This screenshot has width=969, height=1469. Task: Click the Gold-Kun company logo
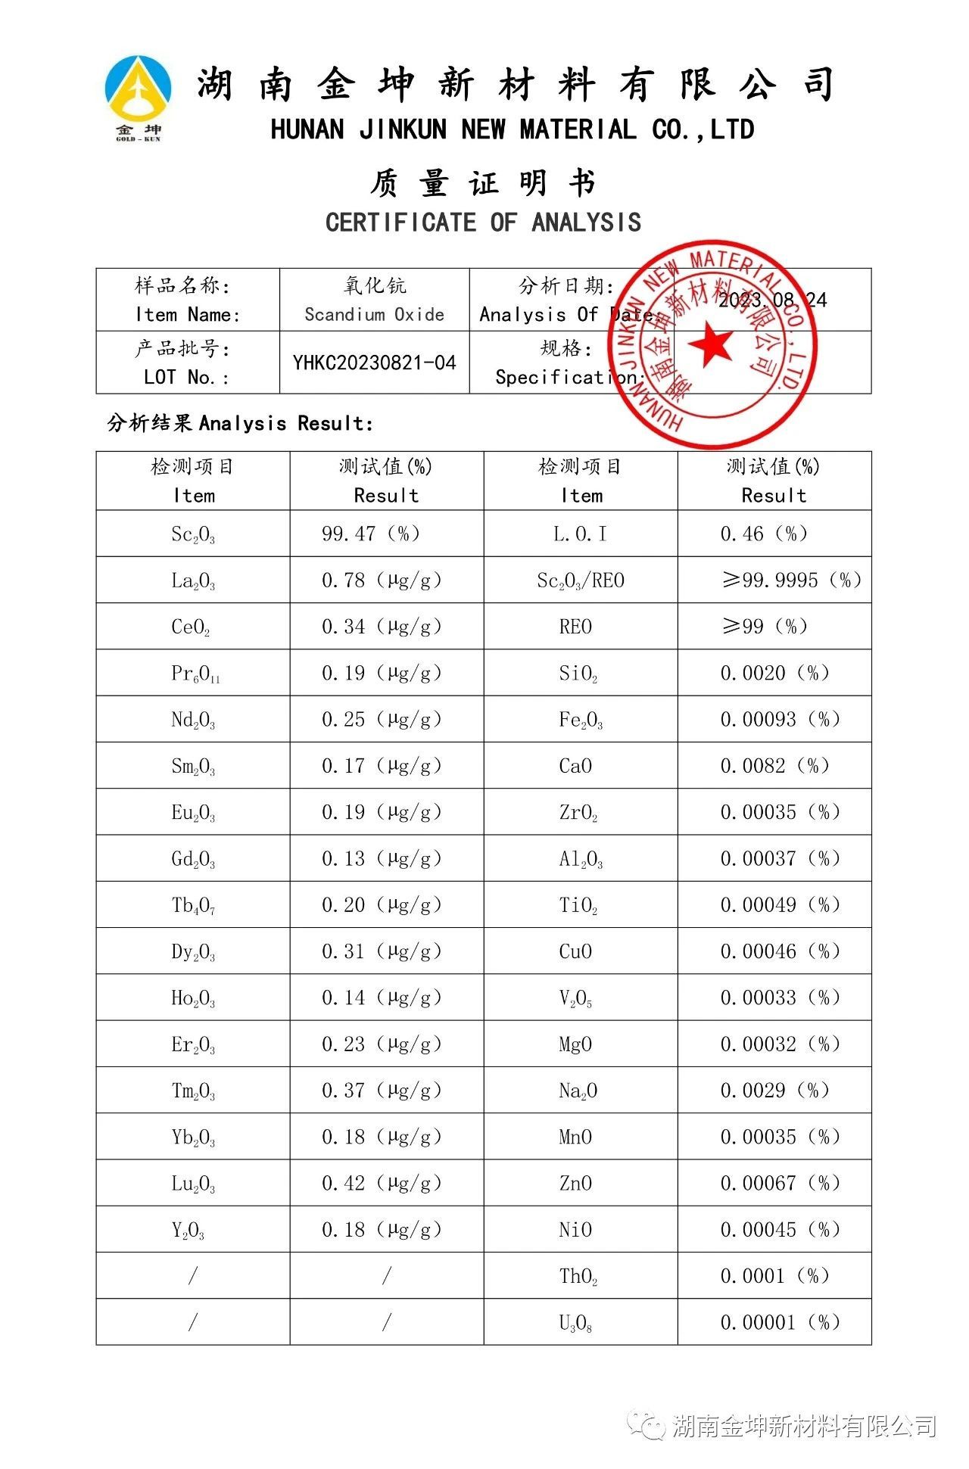[x=138, y=97]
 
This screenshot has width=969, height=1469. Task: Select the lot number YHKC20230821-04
[x=374, y=363]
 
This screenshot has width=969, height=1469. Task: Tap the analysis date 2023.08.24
[x=772, y=300]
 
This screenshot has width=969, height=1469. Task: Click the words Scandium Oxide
[x=374, y=315]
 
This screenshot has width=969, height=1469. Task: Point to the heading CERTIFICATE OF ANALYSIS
[x=483, y=223]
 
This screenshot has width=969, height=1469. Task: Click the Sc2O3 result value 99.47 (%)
[x=370, y=534]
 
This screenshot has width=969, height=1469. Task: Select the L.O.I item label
[x=580, y=534]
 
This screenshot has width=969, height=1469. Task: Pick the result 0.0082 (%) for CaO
[x=774, y=766]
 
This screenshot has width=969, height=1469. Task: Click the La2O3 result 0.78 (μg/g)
[x=381, y=580]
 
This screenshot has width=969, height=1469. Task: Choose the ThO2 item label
[x=578, y=1277]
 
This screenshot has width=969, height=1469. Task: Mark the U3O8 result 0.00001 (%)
[x=780, y=1323]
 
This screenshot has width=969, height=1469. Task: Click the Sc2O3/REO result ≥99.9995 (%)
[x=791, y=580]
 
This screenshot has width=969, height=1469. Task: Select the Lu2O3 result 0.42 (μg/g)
[x=381, y=1184]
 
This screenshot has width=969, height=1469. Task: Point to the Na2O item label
[x=578, y=1091]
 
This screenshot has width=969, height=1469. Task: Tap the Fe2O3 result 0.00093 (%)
[x=780, y=720]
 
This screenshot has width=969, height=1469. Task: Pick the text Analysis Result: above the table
[x=286, y=423]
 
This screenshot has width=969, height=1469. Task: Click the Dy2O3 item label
[x=193, y=952]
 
